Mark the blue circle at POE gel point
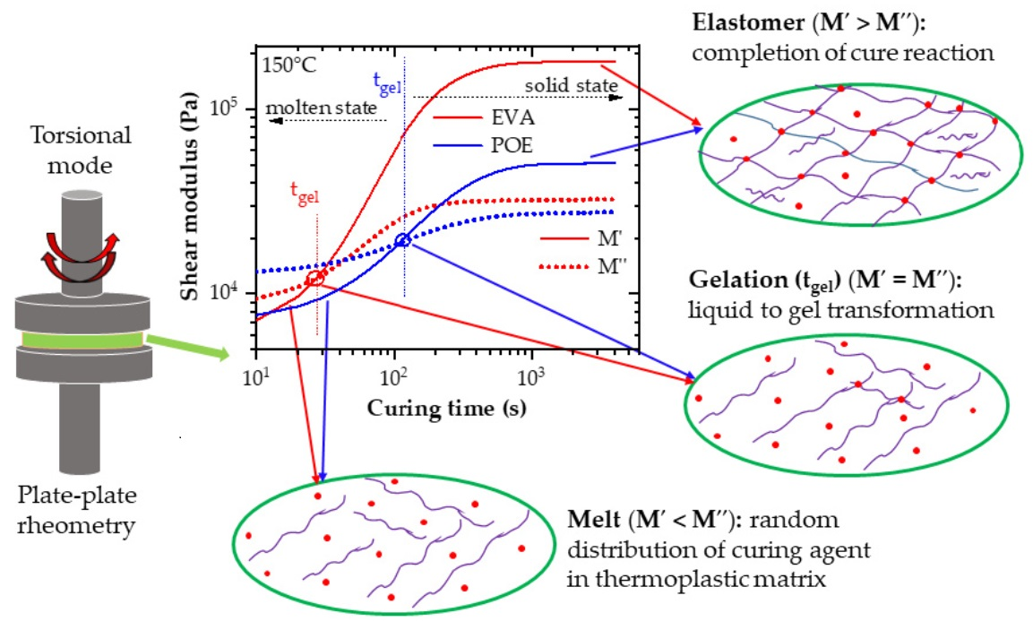coord(403,239)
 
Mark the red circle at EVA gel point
coord(315,279)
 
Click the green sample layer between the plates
coord(78,340)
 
